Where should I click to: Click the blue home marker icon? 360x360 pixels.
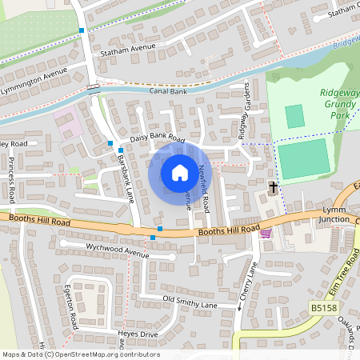click(x=179, y=173)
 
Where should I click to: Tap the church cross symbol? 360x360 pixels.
click(x=274, y=187)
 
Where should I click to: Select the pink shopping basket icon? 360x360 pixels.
click(x=266, y=233)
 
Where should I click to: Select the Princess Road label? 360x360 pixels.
click(x=12, y=178)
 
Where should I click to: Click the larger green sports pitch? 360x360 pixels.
click(x=303, y=158)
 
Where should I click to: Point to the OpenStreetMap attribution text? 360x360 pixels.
click(x=80, y=354)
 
